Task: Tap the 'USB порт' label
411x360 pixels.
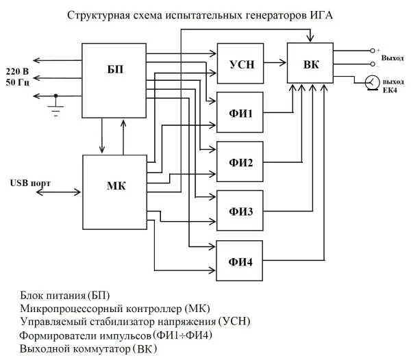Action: (29, 183)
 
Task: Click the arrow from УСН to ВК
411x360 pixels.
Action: (274, 62)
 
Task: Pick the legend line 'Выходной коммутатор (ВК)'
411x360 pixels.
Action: (88, 348)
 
